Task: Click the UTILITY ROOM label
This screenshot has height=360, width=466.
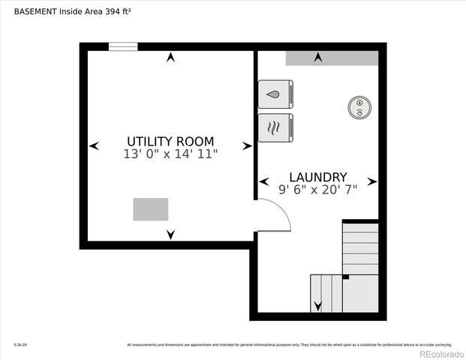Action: coord(170,141)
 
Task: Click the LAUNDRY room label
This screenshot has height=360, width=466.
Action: coord(318,177)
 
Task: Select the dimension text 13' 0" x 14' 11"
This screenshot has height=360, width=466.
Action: coord(170,154)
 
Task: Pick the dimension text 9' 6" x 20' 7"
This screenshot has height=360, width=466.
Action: coord(318,190)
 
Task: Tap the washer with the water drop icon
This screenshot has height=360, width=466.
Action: coord(275,94)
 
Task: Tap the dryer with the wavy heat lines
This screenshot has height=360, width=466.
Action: coord(275,127)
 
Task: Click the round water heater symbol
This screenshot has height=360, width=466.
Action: coord(360,107)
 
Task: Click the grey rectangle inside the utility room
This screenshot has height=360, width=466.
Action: coord(151,209)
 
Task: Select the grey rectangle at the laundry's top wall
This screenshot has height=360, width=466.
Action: coord(332,58)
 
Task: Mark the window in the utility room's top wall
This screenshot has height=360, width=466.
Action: coord(123,46)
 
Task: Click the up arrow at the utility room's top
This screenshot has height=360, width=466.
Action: coord(171,57)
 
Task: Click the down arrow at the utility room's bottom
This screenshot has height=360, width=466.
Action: coord(171,235)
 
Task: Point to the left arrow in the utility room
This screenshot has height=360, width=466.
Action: coord(94,146)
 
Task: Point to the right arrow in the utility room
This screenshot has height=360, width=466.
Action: coord(247,146)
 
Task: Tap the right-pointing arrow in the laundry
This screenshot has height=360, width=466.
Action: coord(372,181)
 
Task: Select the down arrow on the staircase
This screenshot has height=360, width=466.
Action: coord(317,306)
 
